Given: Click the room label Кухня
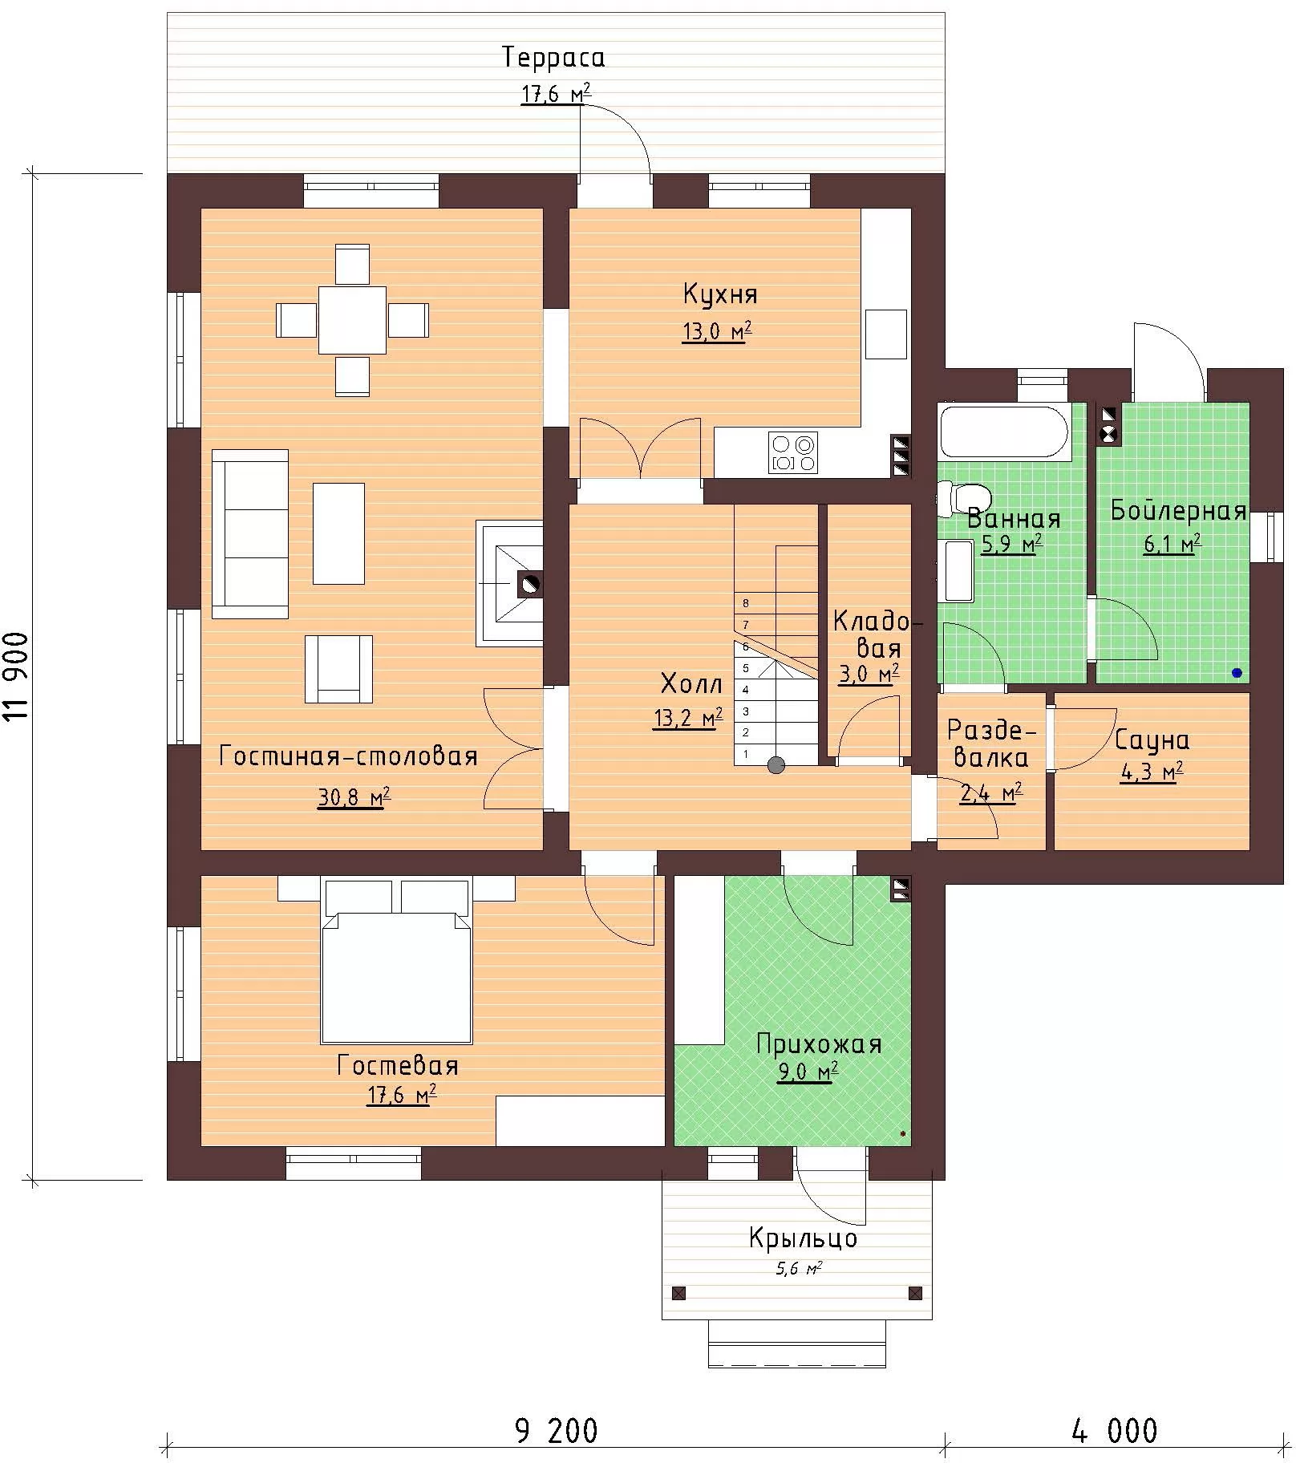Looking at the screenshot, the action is [x=719, y=294].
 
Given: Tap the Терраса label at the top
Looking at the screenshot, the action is [x=553, y=57].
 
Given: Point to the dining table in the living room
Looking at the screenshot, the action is [x=352, y=320].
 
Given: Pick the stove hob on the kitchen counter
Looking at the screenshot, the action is [x=792, y=452].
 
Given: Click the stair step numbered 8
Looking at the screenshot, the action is [x=776, y=603].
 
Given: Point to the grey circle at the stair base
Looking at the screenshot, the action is [x=776, y=765].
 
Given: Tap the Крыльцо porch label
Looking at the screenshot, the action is [x=803, y=1238].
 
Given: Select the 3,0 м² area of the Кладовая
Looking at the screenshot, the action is [x=869, y=674].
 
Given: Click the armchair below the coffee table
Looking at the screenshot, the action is [x=338, y=669].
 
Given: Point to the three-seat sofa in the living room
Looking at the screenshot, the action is [x=249, y=533].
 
